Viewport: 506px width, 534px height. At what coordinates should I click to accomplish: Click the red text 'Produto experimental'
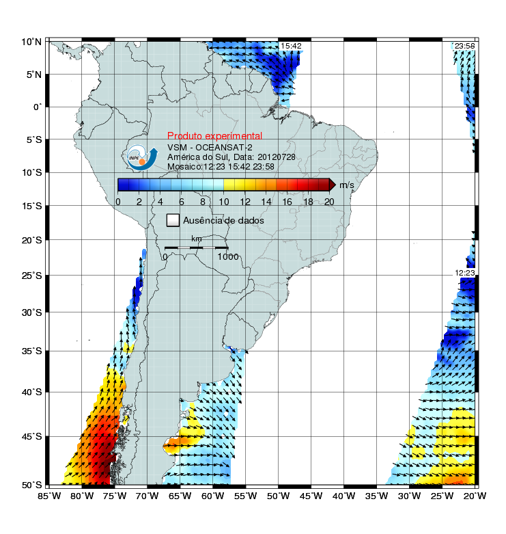[214, 136]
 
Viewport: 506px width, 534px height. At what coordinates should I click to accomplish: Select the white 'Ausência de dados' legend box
[173, 220]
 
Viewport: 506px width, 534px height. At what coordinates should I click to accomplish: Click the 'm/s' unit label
[347, 185]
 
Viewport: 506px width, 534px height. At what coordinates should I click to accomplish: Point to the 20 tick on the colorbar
[329, 201]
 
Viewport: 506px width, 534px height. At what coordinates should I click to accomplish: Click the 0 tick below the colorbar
[118, 201]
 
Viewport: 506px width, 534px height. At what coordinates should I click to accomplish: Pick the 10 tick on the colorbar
[223, 201]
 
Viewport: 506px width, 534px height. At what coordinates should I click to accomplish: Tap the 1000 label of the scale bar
[227, 257]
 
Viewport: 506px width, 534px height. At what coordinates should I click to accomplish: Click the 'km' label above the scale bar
[197, 239]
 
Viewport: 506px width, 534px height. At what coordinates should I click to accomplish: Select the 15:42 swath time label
[291, 46]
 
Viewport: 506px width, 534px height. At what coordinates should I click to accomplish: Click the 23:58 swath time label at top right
[464, 46]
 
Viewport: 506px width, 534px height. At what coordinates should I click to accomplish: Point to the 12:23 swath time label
[464, 273]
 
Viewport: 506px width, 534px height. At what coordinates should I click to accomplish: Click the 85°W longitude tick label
[50, 496]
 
